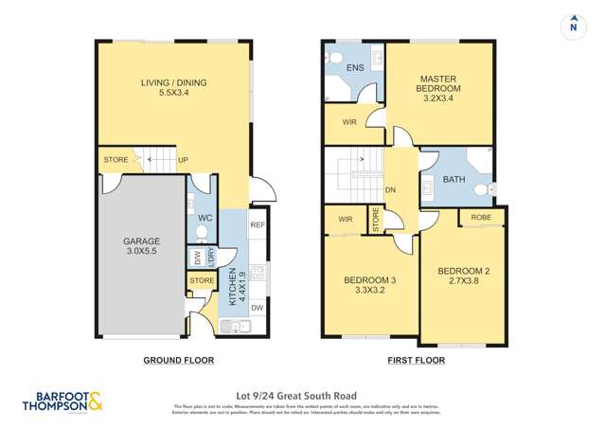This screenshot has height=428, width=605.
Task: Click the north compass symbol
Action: click(x=572, y=26)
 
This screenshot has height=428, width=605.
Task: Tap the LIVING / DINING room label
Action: click(x=173, y=89)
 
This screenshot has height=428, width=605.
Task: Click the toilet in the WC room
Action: click(x=201, y=231)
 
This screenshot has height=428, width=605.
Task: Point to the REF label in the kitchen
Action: click(x=257, y=225)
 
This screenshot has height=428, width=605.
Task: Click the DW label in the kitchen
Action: click(x=257, y=308)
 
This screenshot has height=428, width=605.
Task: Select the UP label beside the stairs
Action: click(x=181, y=160)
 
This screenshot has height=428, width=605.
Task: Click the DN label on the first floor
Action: click(x=389, y=188)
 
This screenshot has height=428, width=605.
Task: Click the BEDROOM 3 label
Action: click(x=369, y=284)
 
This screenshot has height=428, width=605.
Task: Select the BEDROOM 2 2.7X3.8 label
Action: click(x=464, y=276)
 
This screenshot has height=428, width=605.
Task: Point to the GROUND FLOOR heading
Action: click(x=178, y=360)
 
